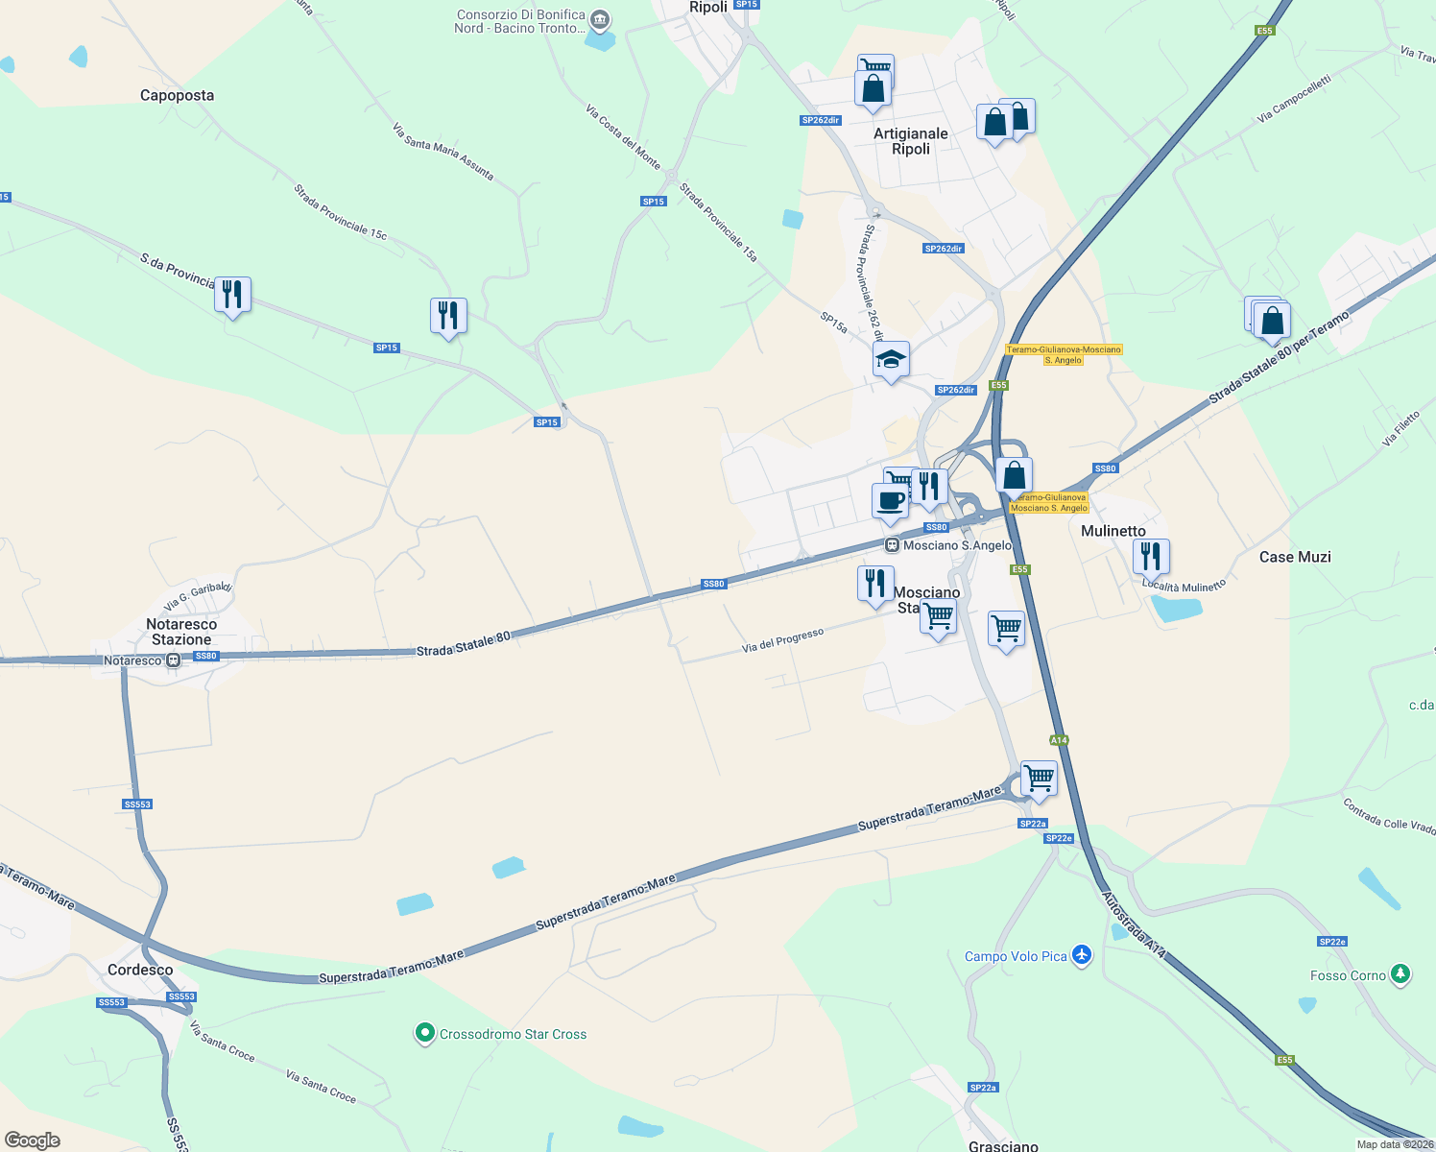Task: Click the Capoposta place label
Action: [x=177, y=95]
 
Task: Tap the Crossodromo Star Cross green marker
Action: [x=424, y=1034]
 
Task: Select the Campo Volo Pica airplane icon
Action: [x=1083, y=955]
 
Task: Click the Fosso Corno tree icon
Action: [x=1400, y=975]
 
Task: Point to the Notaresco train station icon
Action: [x=173, y=660]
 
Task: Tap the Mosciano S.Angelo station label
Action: [x=957, y=545]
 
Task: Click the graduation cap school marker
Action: [x=891, y=360]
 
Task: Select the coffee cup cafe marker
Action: [x=890, y=500]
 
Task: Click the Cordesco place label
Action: [x=140, y=970]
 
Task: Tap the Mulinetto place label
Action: [x=1113, y=531]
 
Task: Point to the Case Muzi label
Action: [x=1295, y=557]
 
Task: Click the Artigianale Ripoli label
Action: [x=910, y=141]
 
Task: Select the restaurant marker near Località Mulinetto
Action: [x=1150, y=556]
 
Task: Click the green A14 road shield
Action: [x=1059, y=740]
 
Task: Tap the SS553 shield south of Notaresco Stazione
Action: [x=137, y=804]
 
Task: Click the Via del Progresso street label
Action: [x=782, y=641]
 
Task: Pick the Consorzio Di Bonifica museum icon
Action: [x=600, y=19]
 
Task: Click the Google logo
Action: [x=33, y=1140]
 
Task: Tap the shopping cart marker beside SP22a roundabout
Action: [x=1039, y=779]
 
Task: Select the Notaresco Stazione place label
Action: [x=181, y=632]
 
